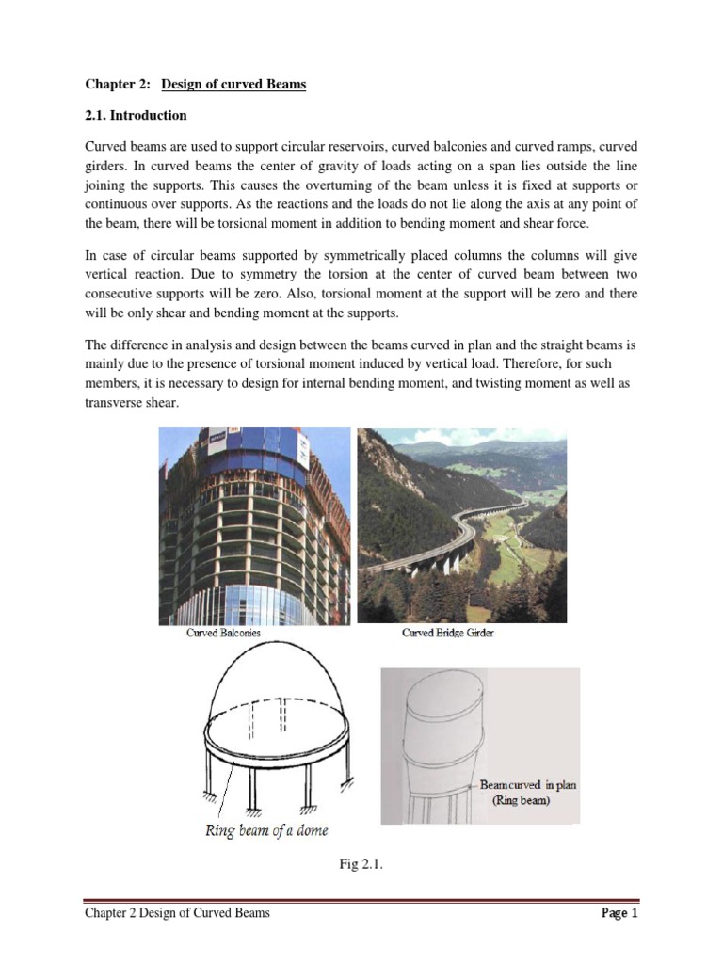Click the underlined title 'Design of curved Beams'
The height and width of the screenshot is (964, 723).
click(x=233, y=85)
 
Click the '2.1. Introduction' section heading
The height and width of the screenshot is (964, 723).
click(x=137, y=116)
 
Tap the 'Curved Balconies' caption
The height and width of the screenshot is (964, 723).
click(x=223, y=634)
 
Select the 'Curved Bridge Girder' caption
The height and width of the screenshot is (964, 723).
click(x=448, y=633)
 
